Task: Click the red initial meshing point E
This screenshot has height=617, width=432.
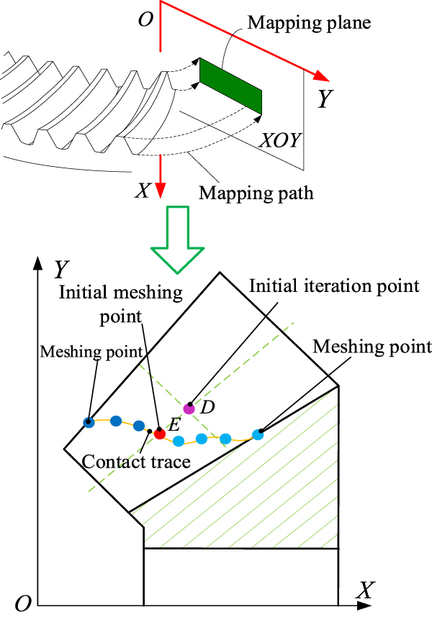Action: (160, 434)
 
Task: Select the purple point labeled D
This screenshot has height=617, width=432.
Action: (189, 408)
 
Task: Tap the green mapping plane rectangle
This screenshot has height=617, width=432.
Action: (230, 86)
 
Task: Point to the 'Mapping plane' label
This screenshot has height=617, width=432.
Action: (309, 23)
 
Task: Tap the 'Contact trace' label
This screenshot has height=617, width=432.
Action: (137, 462)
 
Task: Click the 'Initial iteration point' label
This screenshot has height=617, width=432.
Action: (334, 285)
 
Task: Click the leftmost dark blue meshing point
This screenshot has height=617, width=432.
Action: (89, 422)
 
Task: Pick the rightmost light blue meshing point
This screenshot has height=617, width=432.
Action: (258, 434)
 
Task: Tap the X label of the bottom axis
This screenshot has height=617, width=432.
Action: (365, 591)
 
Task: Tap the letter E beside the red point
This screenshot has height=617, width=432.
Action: (174, 424)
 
